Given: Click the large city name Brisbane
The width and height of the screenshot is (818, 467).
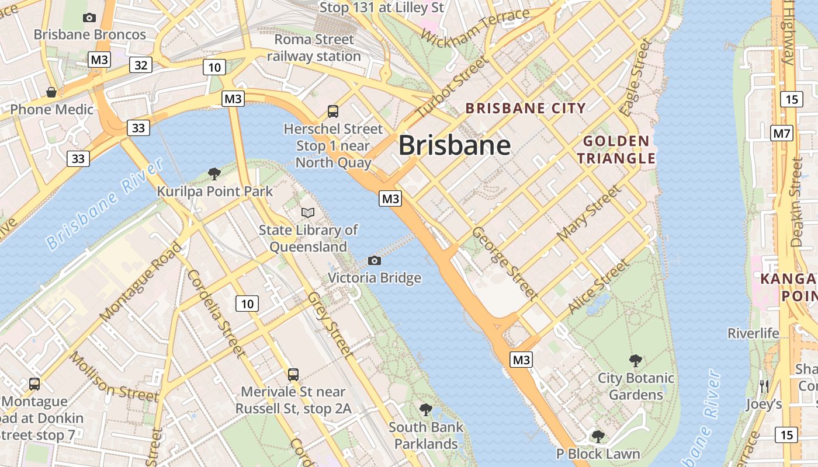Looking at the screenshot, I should (455, 145).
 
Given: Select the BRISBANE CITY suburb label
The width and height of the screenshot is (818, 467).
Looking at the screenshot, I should (525, 108).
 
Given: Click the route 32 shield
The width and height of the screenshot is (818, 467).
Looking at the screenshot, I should (141, 65).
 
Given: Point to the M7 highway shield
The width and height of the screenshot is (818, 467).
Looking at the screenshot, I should (781, 133).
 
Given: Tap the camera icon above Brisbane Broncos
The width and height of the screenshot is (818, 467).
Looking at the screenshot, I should (89, 18).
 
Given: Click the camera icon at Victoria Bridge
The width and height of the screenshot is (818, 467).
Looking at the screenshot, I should (375, 260).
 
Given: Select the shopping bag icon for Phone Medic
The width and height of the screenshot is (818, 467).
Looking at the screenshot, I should (51, 92).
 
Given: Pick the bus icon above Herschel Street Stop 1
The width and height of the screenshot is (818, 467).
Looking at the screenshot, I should (333, 111).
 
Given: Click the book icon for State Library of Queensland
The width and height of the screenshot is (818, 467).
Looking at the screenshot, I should (308, 213).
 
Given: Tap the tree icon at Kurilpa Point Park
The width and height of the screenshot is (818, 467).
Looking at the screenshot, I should (214, 173).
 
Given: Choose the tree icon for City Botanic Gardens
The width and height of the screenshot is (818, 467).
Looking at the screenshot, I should (636, 361).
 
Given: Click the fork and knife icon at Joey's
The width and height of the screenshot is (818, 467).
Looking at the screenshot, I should (764, 386).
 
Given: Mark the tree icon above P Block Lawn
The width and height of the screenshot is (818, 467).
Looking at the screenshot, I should (598, 436).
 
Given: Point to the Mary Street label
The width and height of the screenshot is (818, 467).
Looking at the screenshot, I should (589, 213).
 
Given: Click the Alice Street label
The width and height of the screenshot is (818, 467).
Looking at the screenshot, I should (599, 286).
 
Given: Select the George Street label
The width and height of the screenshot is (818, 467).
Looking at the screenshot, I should (505, 263).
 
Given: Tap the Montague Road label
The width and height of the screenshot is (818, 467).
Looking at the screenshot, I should (141, 281).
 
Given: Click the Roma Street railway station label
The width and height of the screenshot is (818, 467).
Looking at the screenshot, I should (314, 48).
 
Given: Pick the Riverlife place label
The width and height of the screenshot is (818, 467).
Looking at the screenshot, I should (753, 333).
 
